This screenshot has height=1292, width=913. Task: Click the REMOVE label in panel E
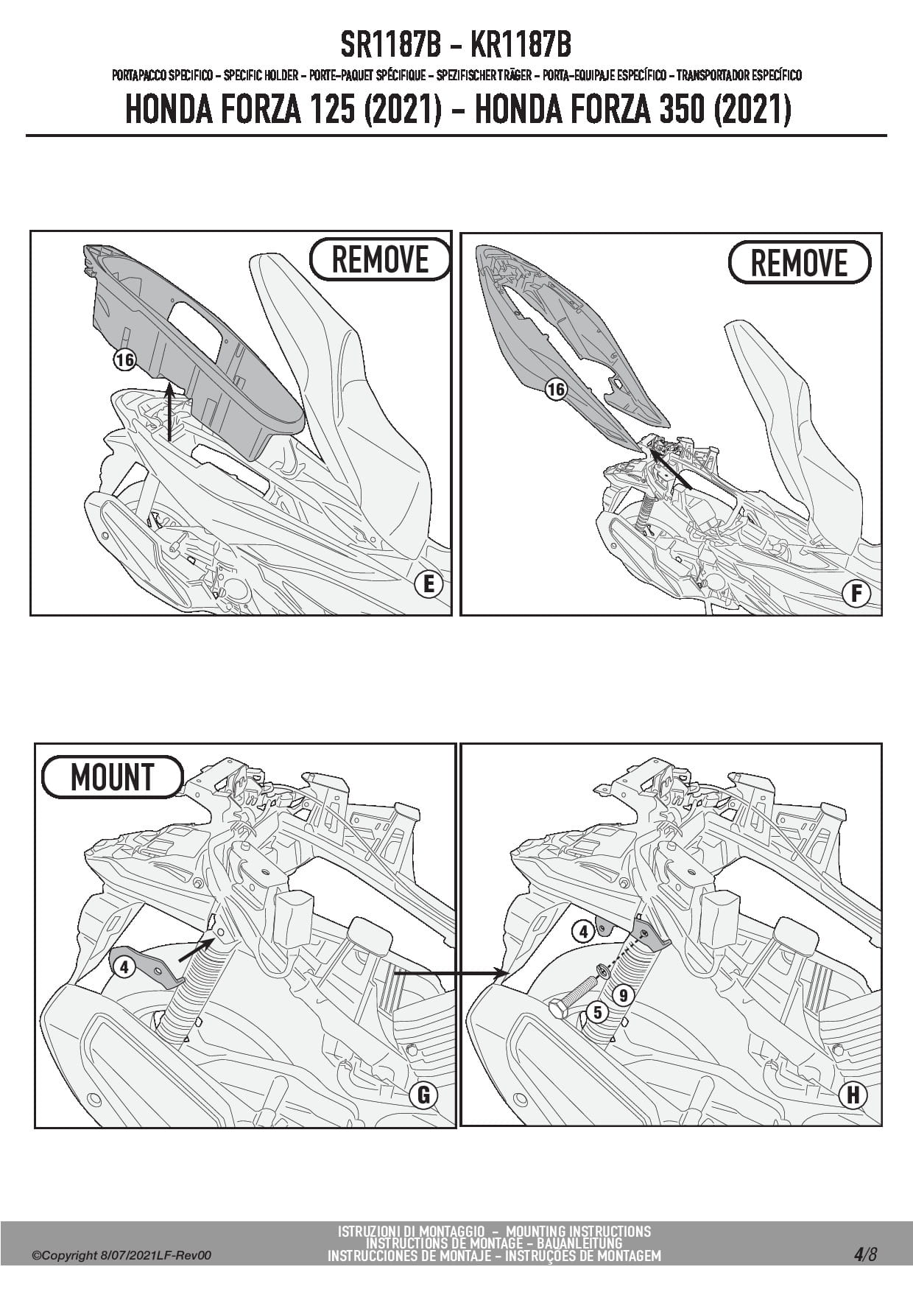click(x=380, y=259)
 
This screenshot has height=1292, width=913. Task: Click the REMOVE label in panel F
click(x=799, y=263)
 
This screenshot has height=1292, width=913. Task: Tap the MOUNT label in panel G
click(x=112, y=777)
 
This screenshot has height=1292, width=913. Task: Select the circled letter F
click(x=856, y=594)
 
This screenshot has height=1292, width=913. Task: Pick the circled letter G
click(x=423, y=1095)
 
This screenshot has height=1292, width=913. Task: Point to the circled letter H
click(x=853, y=1095)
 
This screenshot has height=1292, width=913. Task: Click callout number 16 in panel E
click(x=125, y=359)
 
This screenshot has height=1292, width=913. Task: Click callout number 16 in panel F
click(x=556, y=389)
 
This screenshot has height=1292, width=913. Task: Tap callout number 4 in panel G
click(x=124, y=966)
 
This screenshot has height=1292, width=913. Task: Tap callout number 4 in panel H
click(x=584, y=932)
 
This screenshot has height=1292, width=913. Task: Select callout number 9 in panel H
click(x=623, y=996)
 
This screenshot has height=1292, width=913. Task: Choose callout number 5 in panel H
click(x=598, y=1013)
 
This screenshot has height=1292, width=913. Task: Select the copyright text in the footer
click(x=122, y=1255)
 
